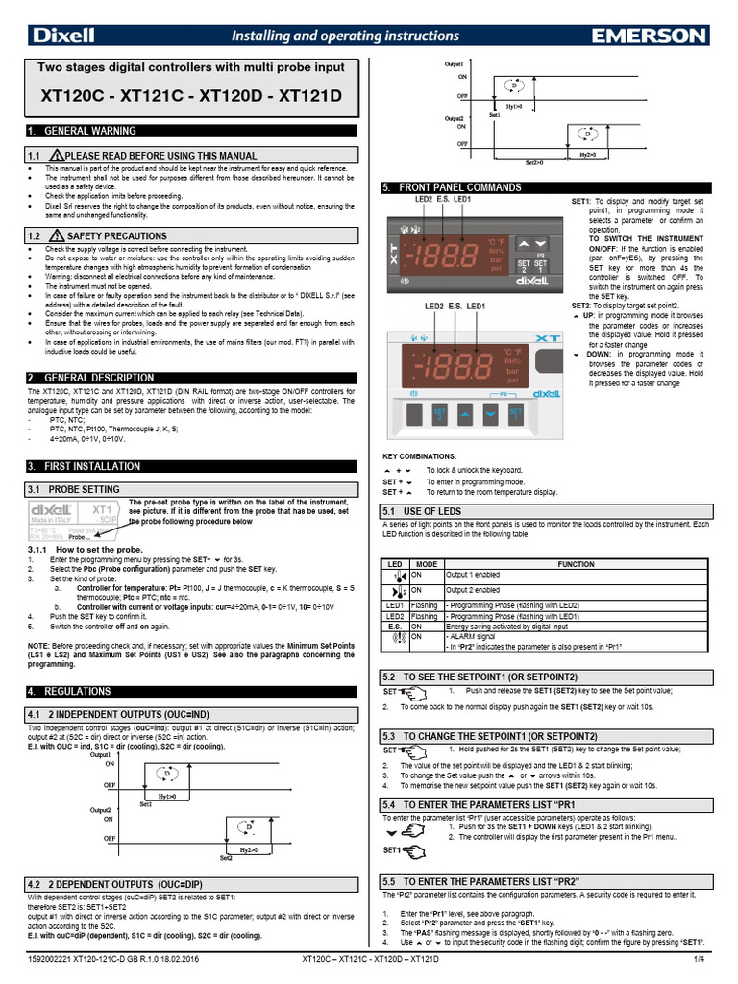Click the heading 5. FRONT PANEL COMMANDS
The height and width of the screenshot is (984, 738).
pos(452,187)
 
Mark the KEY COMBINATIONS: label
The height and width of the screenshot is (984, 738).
pos(420,455)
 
